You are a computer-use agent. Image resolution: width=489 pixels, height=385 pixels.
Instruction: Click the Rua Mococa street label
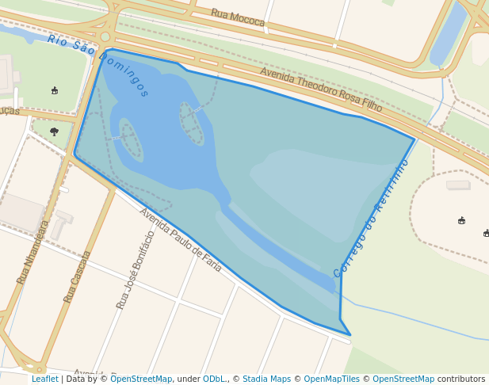click(238, 17)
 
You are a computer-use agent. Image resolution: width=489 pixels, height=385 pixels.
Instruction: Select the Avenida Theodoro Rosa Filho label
click(321, 90)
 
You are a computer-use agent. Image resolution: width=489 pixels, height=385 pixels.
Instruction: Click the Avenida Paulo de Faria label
click(181, 239)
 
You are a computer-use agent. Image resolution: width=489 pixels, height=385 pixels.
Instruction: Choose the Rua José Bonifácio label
click(136, 269)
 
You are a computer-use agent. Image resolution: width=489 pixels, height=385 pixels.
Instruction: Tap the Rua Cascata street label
click(77, 276)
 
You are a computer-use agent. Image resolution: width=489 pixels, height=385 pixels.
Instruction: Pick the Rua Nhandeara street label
click(33, 252)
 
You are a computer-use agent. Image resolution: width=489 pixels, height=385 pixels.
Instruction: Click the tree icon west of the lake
click(54, 132)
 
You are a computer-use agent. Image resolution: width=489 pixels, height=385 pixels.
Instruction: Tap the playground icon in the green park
click(54, 90)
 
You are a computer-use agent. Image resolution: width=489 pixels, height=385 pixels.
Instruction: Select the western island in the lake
click(131, 139)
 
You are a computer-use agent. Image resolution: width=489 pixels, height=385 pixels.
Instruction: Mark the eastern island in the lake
click(191, 123)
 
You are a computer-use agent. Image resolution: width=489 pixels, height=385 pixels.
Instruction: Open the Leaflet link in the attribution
click(44, 379)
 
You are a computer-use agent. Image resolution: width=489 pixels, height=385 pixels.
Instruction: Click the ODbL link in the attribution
click(213, 379)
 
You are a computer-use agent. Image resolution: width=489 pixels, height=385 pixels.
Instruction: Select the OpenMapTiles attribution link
click(331, 379)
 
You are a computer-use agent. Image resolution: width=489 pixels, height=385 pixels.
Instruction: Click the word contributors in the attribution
click(461, 379)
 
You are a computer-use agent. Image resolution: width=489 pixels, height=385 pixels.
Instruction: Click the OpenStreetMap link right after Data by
click(141, 379)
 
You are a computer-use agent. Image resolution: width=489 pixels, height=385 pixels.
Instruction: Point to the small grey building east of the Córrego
click(458, 185)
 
